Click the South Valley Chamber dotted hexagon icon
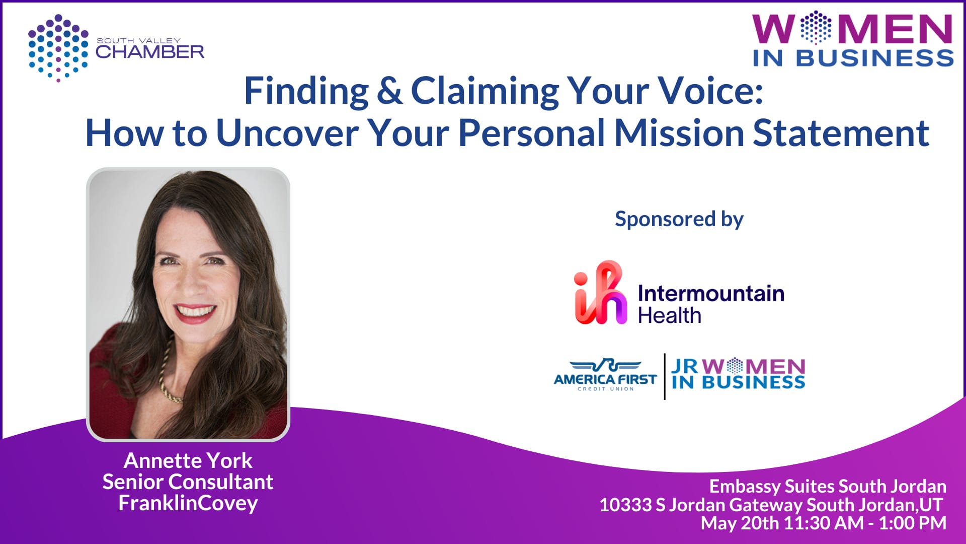58,48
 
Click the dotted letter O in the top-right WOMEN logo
816,28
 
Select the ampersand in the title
389,91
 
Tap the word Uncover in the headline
287,133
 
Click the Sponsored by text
679,220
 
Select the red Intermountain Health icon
601,292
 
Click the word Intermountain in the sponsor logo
711,293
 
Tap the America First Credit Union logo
605,375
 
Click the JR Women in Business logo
738,374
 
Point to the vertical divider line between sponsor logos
665,376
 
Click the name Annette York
188,460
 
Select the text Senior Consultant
188,482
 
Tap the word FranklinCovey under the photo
188,503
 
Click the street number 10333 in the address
625,505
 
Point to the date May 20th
740,523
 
